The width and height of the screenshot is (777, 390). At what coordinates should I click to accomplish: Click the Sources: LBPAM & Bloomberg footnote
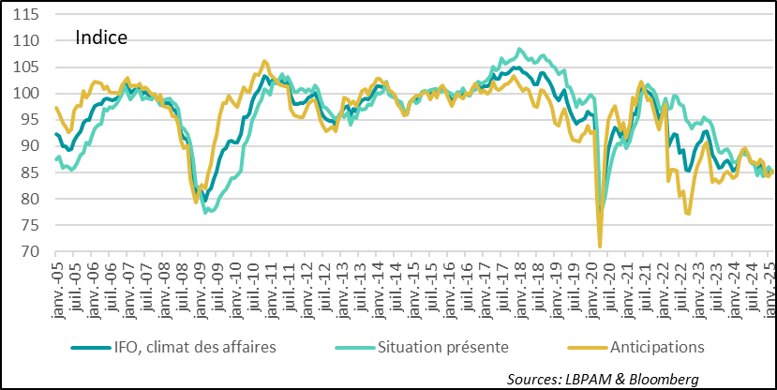(604, 378)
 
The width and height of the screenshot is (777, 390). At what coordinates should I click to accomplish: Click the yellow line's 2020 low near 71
(600, 247)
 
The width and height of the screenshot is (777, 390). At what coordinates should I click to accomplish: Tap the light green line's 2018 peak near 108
(520, 50)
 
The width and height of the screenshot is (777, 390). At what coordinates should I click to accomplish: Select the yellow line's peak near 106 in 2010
(264, 61)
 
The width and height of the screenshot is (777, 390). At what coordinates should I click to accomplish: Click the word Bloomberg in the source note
(665, 378)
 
